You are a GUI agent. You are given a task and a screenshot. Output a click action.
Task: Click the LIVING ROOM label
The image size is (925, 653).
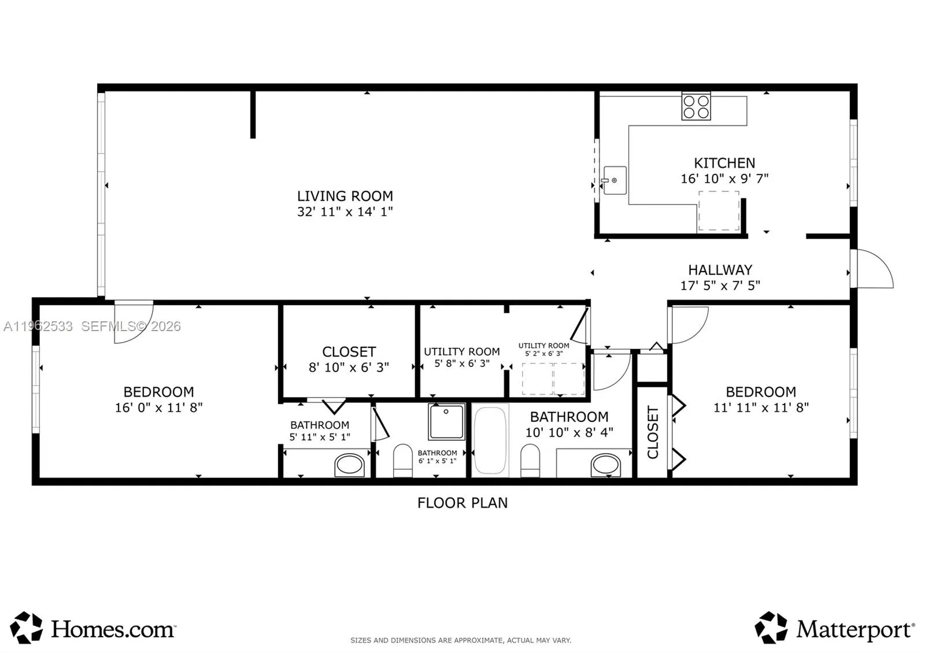click(x=345, y=196)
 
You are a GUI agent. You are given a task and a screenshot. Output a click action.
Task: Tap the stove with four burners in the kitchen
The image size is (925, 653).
click(x=696, y=107)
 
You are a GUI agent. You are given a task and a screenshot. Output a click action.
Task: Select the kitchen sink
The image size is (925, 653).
click(x=615, y=180)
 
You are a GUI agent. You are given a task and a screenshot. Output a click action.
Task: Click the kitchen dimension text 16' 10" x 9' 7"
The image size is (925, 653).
click(x=724, y=179)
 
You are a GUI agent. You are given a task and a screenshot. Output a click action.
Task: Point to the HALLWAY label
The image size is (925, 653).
click(x=720, y=270)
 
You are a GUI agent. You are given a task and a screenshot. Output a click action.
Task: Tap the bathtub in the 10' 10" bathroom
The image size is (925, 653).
click(x=490, y=440)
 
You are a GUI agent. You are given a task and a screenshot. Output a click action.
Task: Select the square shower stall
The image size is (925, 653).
click(x=446, y=422)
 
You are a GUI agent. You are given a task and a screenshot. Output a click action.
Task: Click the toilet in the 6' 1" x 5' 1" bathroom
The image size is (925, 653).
click(x=402, y=461)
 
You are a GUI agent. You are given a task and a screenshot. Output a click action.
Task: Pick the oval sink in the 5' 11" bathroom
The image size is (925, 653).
click(x=350, y=465)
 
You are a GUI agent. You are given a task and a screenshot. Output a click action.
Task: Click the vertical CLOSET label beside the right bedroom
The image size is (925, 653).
click(x=653, y=432)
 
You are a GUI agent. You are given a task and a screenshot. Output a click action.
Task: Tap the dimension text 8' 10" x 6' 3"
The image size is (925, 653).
click(x=349, y=368)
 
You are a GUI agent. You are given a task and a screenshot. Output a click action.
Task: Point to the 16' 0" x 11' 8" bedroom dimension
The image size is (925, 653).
click(x=158, y=408)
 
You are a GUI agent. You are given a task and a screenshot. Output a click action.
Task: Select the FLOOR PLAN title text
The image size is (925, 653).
click(x=462, y=503)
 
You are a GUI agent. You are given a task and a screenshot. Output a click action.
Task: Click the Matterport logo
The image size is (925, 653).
click(x=835, y=628)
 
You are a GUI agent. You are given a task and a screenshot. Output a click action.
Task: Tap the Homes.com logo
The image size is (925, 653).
click(x=93, y=628)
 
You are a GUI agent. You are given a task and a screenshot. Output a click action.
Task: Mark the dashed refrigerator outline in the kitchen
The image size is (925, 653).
click(x=719, y=210)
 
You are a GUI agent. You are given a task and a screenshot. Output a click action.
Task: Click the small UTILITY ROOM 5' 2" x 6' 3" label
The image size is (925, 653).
click(x=544, y=349)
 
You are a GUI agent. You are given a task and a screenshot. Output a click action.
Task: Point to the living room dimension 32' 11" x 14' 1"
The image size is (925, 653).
click(x=345, y=212)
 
